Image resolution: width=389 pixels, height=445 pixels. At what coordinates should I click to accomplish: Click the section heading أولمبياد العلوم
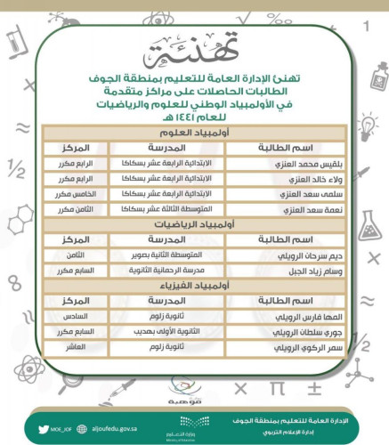(194, 133)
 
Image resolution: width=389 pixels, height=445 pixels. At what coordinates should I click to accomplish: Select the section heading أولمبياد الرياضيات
(194, 225)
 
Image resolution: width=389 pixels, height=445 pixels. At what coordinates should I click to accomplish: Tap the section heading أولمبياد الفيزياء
(194, 287)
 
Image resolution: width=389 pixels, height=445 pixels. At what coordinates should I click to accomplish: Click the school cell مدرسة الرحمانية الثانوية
(170, 271)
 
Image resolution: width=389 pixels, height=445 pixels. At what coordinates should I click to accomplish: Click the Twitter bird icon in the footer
(43, 425)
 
